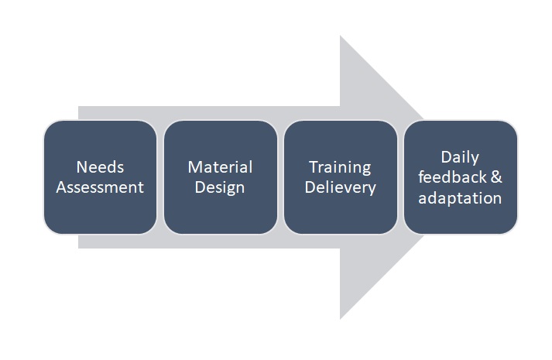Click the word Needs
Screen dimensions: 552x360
click(x=100, y=166)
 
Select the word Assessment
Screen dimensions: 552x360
click(x=100, y=187)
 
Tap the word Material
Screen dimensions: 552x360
click(x=220, y=166)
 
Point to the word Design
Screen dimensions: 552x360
click(x=220, y=187)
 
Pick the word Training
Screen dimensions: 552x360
click(x=340, y=167)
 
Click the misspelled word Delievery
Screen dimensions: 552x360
click(x=341, y=187)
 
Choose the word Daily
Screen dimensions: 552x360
click(x=460, y=158)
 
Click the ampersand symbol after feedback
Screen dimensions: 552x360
click(x=496, y=177)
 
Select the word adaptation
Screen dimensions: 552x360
click(x=460, y=198)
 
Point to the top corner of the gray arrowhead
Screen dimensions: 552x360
click(x=340, y=36)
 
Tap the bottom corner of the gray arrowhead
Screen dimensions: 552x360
click(x=340, y=319)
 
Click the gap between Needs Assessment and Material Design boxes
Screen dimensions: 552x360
click(x=160, y=177)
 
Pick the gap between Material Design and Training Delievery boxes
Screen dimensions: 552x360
click(x=280, y=177)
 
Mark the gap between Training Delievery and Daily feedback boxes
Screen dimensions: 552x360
click(x=400, y=177)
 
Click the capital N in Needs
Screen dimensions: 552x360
click(x=81, y=167)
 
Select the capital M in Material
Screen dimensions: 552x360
click(x=194, y=167)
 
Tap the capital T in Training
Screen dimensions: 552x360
click(x=314, y=167)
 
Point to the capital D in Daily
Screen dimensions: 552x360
click(x=447, y=157)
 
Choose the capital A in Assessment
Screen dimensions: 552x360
click(x=62, y=187)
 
